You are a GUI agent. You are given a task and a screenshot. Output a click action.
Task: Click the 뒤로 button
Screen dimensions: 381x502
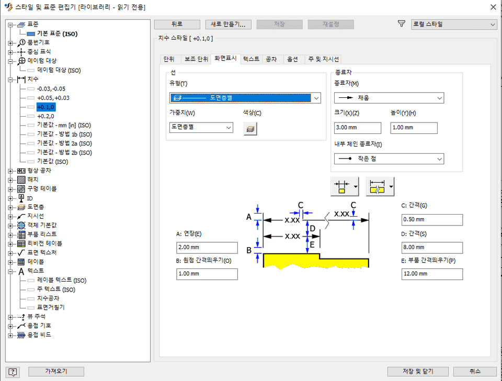177,24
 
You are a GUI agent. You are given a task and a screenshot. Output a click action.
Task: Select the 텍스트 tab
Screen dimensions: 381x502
251,59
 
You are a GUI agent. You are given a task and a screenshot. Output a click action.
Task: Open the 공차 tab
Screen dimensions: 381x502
271,59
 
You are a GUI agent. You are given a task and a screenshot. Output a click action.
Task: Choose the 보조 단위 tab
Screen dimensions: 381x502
196,59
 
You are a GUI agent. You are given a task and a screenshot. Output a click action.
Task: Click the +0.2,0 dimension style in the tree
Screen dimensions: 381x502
46,116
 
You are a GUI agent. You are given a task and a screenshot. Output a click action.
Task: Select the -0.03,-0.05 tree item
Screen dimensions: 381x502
51,88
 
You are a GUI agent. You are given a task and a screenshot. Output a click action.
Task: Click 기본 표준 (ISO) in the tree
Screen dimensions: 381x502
57,33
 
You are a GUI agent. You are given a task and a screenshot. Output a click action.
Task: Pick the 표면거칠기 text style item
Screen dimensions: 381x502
51,307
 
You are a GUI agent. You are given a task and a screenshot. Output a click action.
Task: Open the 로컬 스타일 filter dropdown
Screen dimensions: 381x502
453,24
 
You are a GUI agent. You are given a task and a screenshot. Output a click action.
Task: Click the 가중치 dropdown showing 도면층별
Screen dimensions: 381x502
201,127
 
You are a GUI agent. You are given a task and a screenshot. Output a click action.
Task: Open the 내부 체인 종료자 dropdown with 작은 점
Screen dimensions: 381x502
389,159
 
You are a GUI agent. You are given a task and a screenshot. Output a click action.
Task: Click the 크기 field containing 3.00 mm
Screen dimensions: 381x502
357,128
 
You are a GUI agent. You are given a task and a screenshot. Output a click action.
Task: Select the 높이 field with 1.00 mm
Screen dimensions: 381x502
414,128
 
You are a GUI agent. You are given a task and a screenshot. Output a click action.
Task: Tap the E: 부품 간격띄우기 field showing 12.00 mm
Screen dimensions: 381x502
431,274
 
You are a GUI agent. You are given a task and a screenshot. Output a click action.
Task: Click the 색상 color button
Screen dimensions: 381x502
250,128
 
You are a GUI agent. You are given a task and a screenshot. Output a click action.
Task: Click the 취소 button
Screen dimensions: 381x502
475,371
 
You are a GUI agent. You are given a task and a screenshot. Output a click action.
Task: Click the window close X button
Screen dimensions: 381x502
493,7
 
